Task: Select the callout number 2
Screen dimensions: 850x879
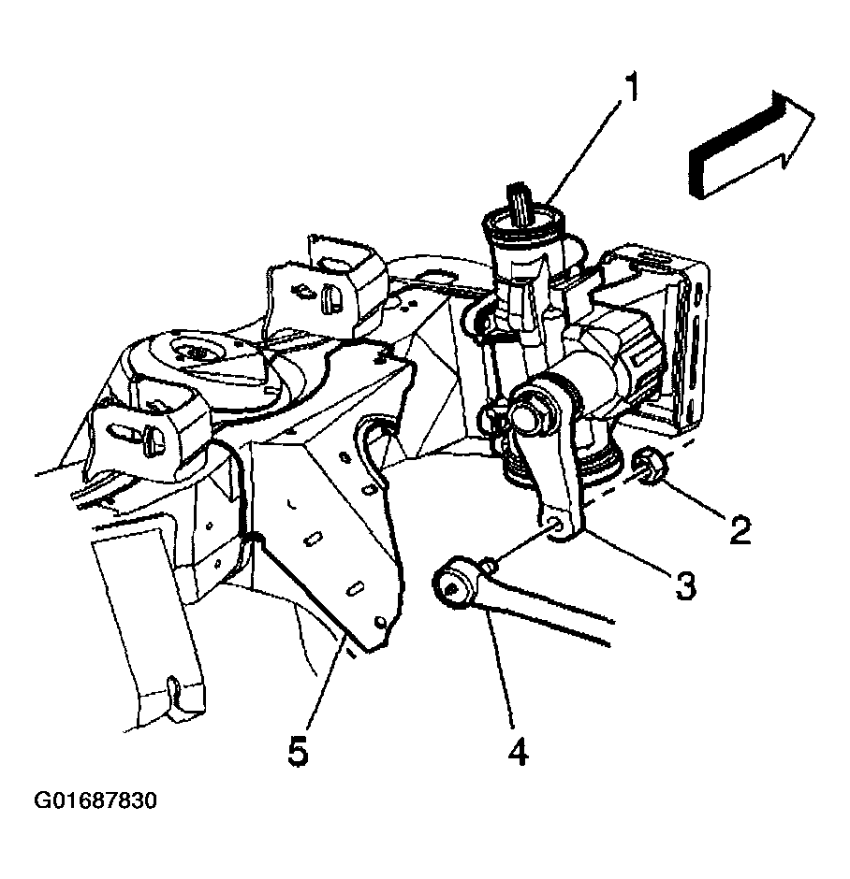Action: [x=740, y=529]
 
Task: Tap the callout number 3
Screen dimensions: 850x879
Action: [x=684, y=584]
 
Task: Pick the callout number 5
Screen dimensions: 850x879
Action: [x=298, y=751]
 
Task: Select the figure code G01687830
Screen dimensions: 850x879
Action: [x=95, y=800]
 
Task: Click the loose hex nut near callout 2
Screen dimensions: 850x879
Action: [x=649, y=464]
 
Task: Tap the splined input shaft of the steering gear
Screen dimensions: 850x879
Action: [x=523, y=202]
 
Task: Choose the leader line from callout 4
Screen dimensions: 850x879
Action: [x=501, y=669]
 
